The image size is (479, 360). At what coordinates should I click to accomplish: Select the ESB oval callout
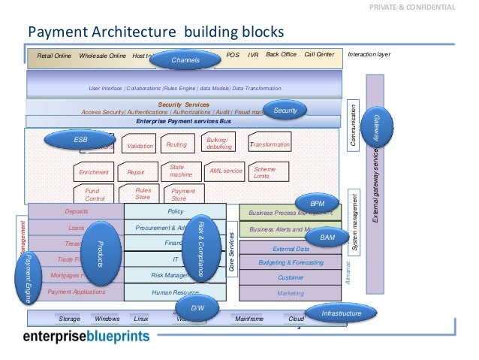[x=80, y=140]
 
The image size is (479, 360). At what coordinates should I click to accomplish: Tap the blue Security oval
[x=285, y=111]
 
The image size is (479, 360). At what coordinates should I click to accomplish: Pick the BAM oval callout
[x=327, y=237]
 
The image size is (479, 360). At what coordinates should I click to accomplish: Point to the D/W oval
[x=197, y=307]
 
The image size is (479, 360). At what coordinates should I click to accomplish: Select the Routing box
[x=176, y=145]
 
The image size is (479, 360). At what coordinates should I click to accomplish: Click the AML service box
[x=226, y=171]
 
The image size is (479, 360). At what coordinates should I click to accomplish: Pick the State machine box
[x=182, y=171]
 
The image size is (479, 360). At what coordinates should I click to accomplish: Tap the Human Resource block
[x=174, y=292]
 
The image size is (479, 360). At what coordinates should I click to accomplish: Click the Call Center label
[x=318, y=55]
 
